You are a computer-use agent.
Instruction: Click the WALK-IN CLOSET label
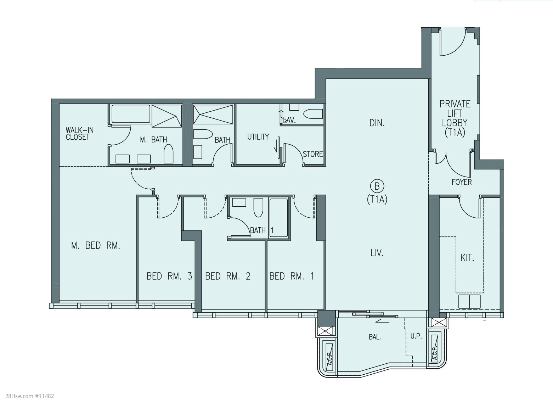pyautogui.click(x=79, y=134)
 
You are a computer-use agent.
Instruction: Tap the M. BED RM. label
pyautogui.click(x=96, y=246)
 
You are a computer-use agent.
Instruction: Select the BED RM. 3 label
pyautogui.click(x=169, y=276)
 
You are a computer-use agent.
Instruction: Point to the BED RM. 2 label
pyautogui.click(x=228, y=276)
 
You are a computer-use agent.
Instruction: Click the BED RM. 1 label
pyautogui.click(x=292, y=276)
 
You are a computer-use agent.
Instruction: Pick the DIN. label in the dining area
pyautogui.click(x=377, y=123)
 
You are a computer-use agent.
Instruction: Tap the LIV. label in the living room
pyautogui.click(x=377, y=253)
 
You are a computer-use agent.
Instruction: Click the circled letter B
pyautogui.click(x=377, y=186)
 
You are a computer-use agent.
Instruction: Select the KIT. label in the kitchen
pyautogui.click(x=467, y=258)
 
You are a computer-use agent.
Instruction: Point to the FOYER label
pyautogui.click(x=462, y=182)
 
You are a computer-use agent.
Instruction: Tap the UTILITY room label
pyautogui.click(x=258, y=136)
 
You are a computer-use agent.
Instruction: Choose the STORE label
pyautogui.click(x=312, y=154)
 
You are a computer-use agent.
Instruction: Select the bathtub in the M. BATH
pyautogui.click(x=131, y=114)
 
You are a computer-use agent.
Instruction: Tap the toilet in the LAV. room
pyautogui.click(x=313, y=114)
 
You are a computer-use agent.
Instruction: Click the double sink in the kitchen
pyautogui.click(x=469, y=301)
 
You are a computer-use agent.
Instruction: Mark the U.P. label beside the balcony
pyautogui.click(x=416, y=336)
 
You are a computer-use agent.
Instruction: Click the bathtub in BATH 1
pyautogui.click(x=278, y=218)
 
